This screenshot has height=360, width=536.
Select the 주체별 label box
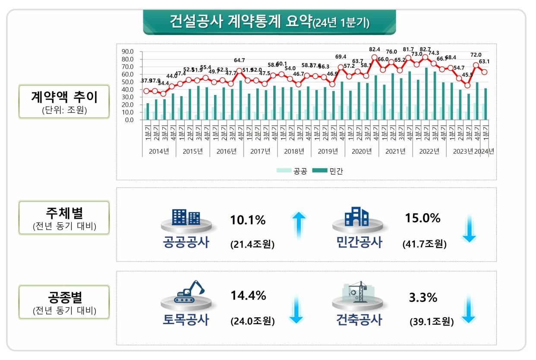[64, 217]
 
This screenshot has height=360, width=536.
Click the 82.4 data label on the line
[375, 49]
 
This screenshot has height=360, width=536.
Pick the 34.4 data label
[163, 83]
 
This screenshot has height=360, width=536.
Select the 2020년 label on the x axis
[362, 151]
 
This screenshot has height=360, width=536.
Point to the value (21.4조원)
[252, 244]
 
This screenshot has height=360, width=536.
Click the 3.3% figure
[423, 297]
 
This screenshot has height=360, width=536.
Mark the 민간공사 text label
[359, 243]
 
